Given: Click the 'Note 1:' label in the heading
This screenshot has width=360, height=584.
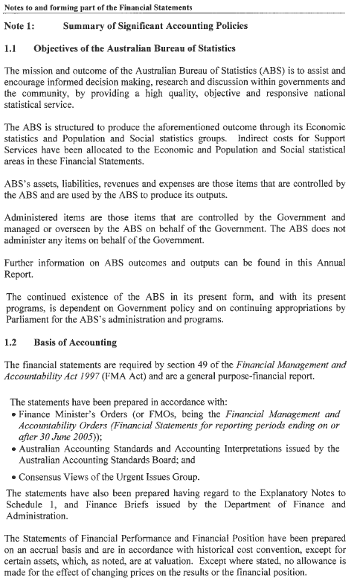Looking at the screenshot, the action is tap(21, 26).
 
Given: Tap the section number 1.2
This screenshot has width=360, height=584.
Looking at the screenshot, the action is tap(12, 343).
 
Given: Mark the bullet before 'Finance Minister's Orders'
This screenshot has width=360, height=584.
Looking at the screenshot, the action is tap(14, 414).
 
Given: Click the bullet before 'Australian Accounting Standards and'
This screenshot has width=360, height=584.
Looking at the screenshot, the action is tap(14, 449).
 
